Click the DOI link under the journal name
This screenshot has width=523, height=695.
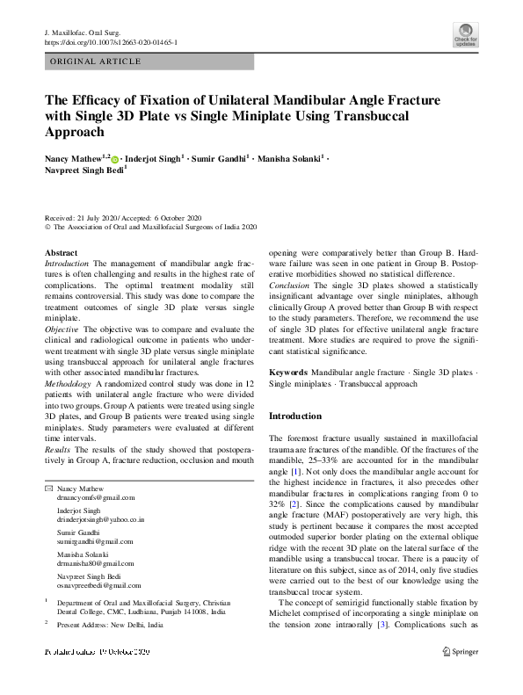[x=110, y=41]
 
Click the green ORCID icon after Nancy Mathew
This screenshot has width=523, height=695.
[x=114, y=160]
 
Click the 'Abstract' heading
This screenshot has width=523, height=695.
[x=60, y=252]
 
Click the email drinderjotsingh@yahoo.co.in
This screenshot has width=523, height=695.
[x=99, y=520]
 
